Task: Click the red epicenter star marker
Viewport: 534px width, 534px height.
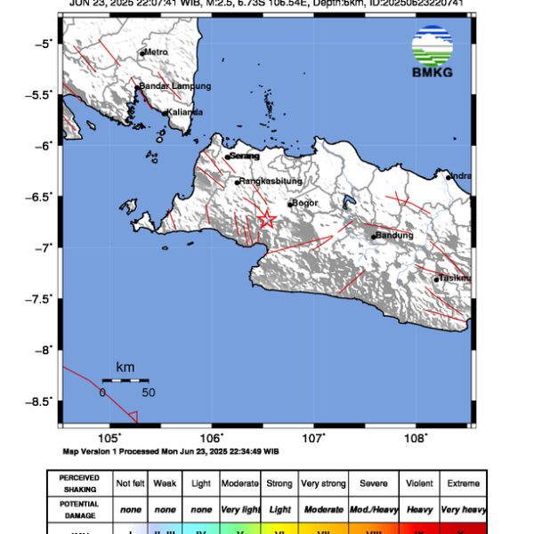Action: [266, 219]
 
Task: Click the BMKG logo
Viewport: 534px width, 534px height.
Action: [433, 53]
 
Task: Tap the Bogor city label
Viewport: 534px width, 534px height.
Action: [304, 203]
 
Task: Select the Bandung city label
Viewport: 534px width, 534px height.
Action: [394, 235]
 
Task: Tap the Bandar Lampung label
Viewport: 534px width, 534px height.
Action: [174, 86]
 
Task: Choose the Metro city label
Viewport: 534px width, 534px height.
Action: [157, 53]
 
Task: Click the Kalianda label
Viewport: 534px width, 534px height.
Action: [185, 112]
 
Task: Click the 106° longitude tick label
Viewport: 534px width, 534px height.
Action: [212, 438]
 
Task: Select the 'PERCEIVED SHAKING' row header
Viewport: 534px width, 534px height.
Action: [80, 483]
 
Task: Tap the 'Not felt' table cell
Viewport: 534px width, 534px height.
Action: [130, 483]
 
